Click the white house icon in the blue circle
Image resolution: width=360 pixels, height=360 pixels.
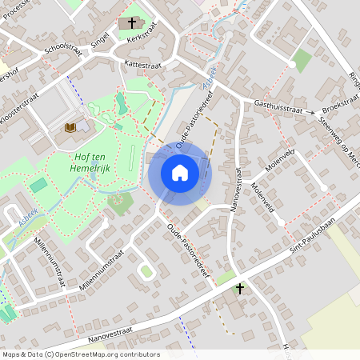(180, 173)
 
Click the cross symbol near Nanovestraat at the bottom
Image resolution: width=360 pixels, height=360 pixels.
(238, 287)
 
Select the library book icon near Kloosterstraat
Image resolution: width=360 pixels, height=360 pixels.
(70, 127)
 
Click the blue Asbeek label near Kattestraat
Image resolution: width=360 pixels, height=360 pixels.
(208, 78)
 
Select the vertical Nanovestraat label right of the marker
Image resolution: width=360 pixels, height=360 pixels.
(237, 190)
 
